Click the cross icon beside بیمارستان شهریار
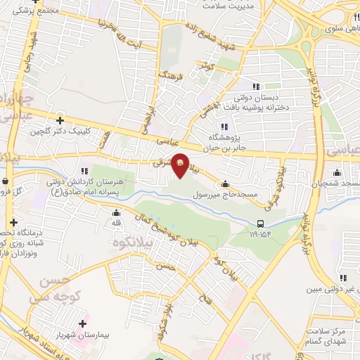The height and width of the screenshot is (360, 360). point(84,324)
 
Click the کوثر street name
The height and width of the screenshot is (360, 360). point(206,65)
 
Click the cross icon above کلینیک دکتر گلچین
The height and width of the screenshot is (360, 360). point(60,120)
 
